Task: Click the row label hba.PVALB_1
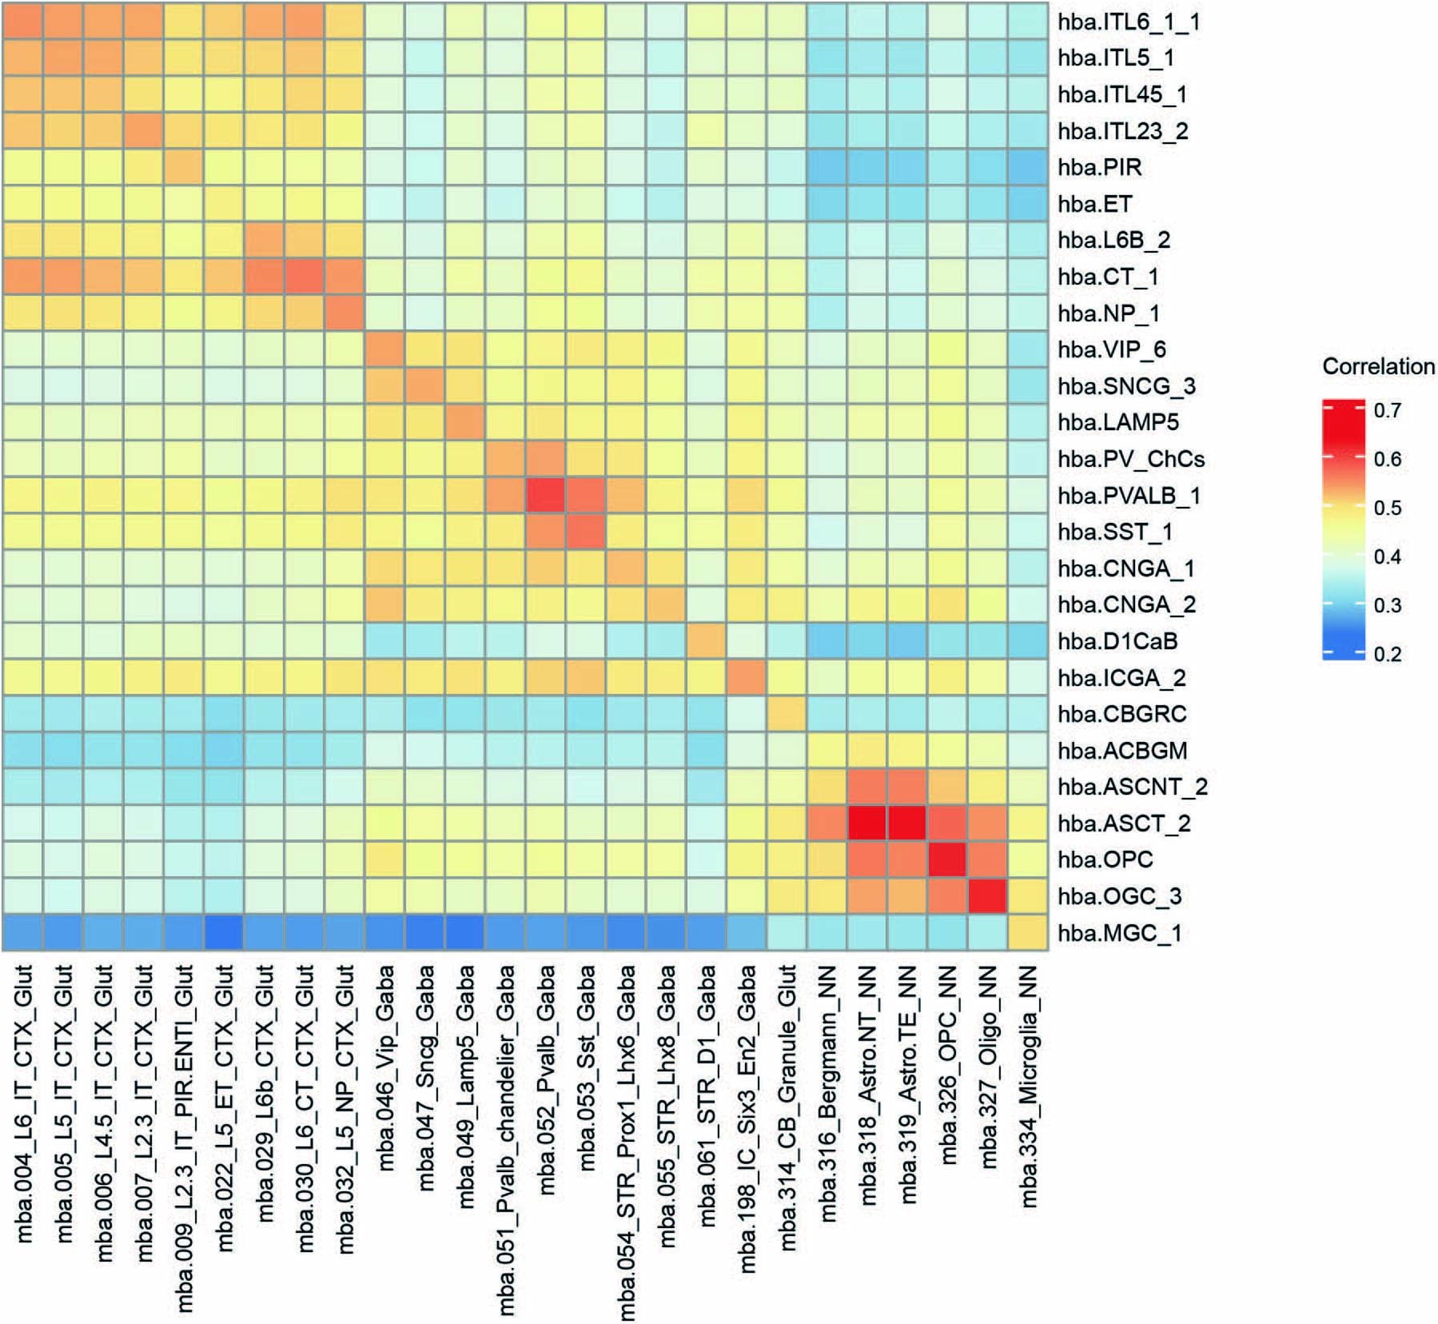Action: pos(1129,496)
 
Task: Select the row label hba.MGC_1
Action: pos(1119,933)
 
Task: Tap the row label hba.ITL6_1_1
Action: pos(1129,22)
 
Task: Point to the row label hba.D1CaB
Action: pos(1117,641)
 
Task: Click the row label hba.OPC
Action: pos(1105,859)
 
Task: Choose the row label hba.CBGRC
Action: pos(1122,714)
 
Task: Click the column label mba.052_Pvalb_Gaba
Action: pos(547,1079)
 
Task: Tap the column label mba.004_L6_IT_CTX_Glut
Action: pos(24,1103)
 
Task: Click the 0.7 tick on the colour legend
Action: pos(1388,410)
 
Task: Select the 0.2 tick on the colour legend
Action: pos(1388,654)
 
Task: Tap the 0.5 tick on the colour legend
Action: pos(1388,508)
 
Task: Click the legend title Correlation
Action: pos(1378,367)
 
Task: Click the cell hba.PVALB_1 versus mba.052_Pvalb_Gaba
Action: pos(547,496)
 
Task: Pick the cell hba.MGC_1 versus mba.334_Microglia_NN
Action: pos(1029,933)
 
